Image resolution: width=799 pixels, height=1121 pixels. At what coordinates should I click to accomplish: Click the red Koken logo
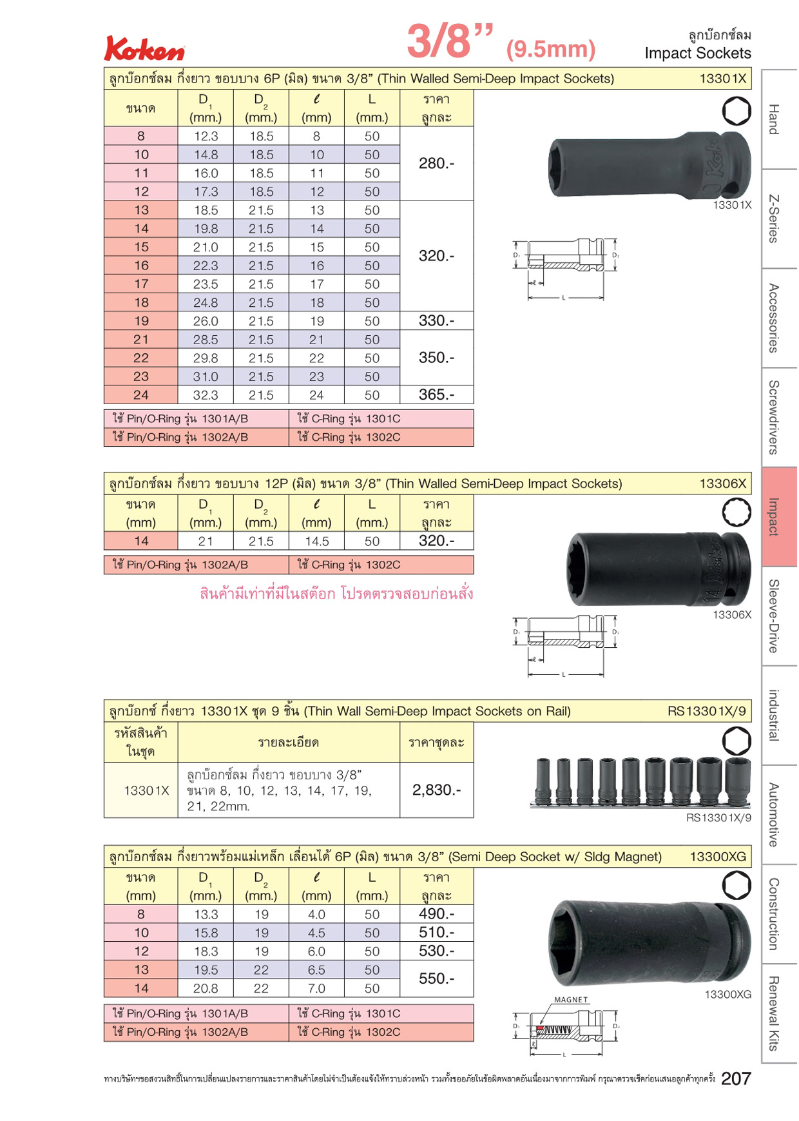tap(144, 48)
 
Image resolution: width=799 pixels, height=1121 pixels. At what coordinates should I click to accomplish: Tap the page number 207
tap(736, 1078)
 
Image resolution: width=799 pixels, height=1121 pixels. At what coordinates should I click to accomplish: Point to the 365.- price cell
tap(436, 395)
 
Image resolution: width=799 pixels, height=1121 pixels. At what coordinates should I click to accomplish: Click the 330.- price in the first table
tap(436, 320)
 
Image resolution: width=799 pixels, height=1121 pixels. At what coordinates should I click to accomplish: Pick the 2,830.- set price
tap(436, 790)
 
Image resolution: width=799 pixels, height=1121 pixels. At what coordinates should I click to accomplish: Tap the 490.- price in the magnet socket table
tap(436, 913)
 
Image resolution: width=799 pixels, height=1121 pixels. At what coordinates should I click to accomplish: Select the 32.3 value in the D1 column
tap(206, 395)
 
